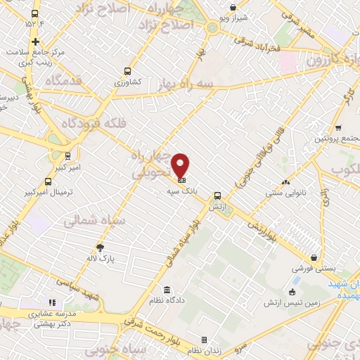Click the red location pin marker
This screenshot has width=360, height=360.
pos(181,165)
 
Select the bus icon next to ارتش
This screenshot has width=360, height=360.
pos(217,196)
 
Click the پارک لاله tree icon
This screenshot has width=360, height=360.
pos(100,247)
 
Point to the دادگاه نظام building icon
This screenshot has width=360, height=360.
pos(167,290)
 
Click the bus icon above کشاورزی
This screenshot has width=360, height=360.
pos(127,70)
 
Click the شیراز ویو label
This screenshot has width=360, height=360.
pos(233,18)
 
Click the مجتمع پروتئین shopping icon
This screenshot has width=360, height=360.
pos(338,128)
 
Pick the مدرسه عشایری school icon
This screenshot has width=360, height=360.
pos(52,302)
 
